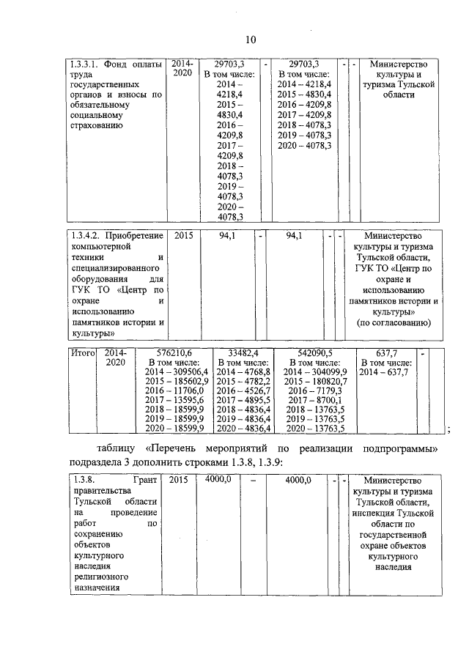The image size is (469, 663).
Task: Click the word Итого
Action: pyautogui.click(x=82, y=352)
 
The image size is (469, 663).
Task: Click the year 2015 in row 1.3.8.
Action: pyautogui.click(x=178, y=479)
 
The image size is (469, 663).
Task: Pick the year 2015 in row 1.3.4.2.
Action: pyautogui.click(x=184, y=236)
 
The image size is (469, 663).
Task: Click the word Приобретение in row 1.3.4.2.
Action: pyautogui.click(x=135, y=236)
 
